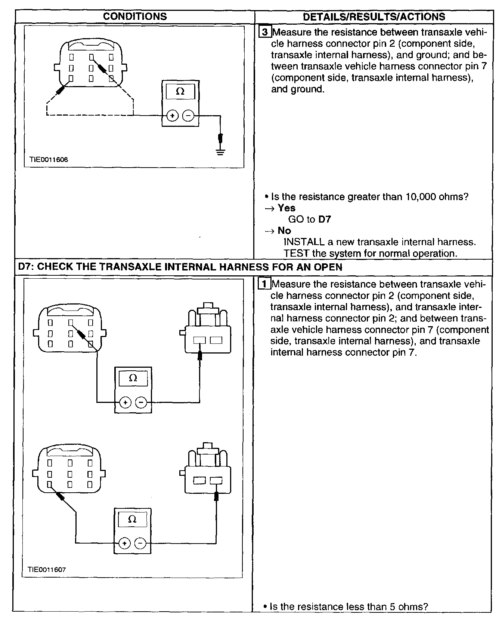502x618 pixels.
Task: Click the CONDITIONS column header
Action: [135, 16]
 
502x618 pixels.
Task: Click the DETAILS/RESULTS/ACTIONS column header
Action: [374, 17]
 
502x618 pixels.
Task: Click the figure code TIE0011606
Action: [49, 160]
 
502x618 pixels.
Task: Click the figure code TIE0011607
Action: [47, 570]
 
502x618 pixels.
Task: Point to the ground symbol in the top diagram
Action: [221, 152]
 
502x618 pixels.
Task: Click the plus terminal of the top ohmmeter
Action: [172, 116]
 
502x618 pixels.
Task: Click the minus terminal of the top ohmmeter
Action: [188, 116]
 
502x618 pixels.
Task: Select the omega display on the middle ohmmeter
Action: [133, 378]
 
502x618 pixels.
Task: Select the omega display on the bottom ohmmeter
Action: [132, 519]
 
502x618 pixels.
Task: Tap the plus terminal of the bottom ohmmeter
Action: [124, 543]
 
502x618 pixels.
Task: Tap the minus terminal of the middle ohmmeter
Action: [141, 403]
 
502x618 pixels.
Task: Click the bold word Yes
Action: [286, 208]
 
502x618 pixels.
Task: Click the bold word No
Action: [284, 231]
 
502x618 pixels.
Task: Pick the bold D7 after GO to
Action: [325, 220]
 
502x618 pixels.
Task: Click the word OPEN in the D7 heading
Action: [328, 267]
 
